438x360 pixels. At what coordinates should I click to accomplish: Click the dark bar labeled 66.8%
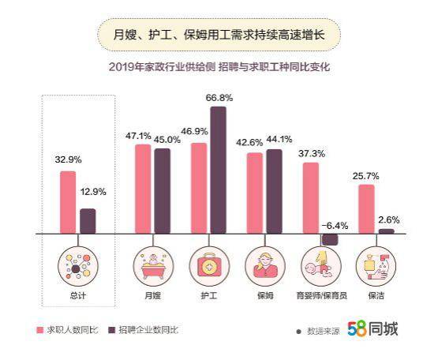click(218, 170)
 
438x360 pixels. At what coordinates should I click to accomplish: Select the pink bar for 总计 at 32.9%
click(68, 202)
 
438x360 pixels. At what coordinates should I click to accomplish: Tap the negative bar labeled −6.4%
click(330, 239)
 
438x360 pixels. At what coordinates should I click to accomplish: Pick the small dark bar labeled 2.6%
click(387, 231)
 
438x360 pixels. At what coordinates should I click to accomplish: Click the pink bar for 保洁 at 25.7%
click(366, 209)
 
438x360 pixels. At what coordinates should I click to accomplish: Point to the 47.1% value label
click(138, 136)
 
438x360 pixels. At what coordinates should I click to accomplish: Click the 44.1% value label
click(279, 139)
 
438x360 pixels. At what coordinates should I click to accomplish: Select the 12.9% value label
click(93, 192)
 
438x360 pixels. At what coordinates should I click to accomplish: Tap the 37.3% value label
click(312, 153)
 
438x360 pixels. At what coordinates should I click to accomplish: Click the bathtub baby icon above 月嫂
click(153, 266)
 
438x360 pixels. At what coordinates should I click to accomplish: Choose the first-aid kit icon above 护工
click(209, 266)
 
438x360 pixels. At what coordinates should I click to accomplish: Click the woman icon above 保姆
click(265, 266)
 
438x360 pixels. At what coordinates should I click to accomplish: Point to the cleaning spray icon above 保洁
click(376, 266)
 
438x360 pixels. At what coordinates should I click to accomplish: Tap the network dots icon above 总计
click(78, 266)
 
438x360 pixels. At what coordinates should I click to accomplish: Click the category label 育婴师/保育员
click(321, 295)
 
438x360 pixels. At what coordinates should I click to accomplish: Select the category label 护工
click(209, 295)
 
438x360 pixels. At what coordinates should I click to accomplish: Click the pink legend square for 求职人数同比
click(40, 330)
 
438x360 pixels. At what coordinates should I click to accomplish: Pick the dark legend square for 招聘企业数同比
click(112, 330)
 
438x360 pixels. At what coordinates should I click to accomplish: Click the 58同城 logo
click(373, 328)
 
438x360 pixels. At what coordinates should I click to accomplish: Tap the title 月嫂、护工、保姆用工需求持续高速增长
click(219, 35)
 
